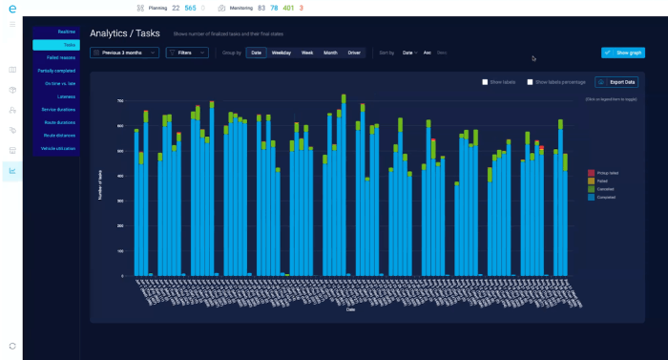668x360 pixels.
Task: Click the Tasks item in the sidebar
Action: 55,45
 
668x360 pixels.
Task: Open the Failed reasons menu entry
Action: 55,57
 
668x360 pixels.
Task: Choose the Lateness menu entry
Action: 55,96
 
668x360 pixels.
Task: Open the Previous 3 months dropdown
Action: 124,53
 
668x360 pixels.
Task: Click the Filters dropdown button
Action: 186,53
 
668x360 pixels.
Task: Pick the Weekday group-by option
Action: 282,53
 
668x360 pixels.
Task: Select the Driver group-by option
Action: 354,53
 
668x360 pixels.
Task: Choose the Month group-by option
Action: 330,53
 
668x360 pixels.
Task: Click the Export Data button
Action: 616,82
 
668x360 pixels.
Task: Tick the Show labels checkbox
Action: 487,82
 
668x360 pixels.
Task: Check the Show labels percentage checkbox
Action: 531,82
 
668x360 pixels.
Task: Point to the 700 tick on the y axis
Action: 121,100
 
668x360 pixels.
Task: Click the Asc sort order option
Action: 428,53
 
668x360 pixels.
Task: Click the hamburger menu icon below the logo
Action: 12,23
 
